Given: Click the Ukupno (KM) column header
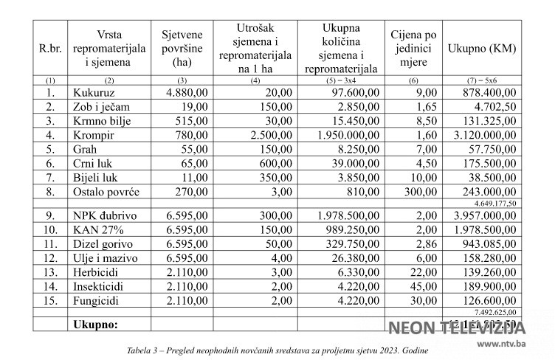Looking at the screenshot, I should (482, 49).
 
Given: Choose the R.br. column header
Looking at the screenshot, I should (50, 49).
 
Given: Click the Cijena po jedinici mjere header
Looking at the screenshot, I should (413, 49).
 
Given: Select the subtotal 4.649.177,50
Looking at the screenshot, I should (495, 203).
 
